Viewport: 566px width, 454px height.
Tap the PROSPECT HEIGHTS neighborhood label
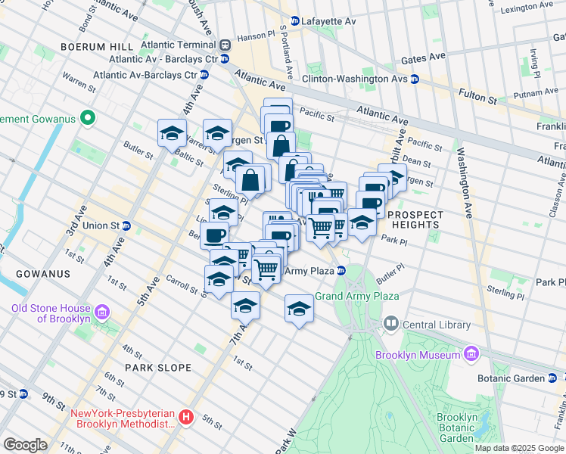click(413, 219)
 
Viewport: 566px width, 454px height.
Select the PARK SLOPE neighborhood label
click(158, 368)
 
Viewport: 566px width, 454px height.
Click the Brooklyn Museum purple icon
click(471, 354)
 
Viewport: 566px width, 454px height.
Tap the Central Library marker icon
click(390, 324)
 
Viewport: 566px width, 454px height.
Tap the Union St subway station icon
click(127, 225)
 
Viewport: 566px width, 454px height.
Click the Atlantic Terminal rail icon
click(225, 46)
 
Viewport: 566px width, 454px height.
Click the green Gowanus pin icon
click(89, 118)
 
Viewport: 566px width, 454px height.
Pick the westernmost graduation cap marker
click(173, 132)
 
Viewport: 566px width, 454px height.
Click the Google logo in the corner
click(26, 445)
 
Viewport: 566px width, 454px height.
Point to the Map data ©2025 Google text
click(518, 448)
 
